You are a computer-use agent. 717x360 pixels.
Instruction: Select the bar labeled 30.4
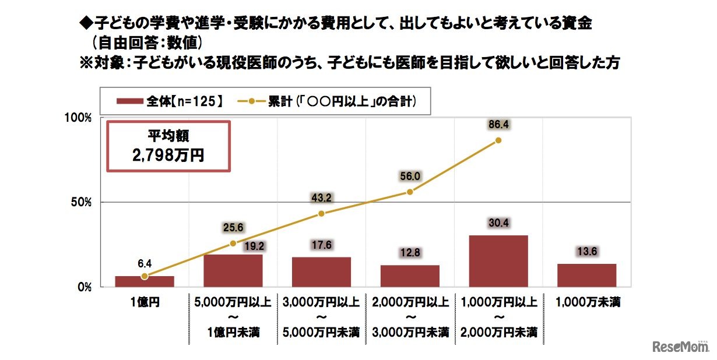498,261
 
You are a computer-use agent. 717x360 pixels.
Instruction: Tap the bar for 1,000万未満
586,275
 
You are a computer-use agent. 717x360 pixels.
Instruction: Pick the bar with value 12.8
410,276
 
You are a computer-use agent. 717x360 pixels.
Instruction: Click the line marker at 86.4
498,140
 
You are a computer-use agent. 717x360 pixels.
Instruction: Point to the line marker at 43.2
321,213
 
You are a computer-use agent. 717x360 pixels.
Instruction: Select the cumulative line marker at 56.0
410,192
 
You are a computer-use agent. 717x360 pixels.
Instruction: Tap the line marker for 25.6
233,243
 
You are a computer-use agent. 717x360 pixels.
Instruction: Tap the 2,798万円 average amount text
168,156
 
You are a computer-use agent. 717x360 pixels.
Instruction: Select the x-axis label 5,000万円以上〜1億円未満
233,317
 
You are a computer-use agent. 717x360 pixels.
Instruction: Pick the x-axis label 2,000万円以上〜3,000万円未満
410,317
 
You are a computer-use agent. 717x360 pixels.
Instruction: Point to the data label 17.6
321,245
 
